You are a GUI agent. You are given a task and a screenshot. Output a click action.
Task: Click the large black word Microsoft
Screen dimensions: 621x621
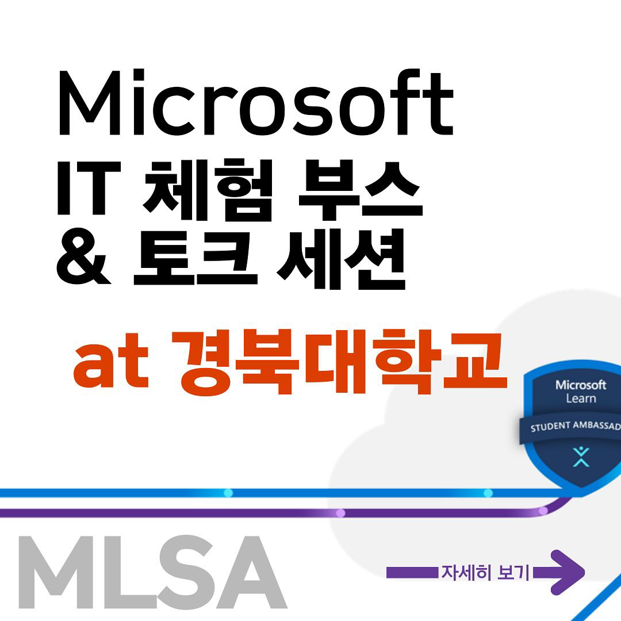(x=256, y=102)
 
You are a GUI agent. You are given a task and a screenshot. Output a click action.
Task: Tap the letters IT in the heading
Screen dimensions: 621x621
(x=89, y=187)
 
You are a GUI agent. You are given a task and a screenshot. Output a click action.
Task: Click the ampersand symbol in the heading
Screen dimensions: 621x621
(x=83, y=256)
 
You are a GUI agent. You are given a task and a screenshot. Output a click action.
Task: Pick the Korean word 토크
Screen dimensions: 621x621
(x=195, y=258)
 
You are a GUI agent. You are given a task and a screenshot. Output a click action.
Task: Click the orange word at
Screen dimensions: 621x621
(x=111, y=361)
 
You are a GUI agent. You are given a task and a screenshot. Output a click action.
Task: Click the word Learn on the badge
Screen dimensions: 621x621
(x=581, y=398)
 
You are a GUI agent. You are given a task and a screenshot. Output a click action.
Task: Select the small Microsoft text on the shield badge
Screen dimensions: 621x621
(x=581, y=385)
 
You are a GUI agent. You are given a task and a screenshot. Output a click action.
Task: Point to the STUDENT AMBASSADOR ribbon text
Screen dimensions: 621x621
(x=576, y=427)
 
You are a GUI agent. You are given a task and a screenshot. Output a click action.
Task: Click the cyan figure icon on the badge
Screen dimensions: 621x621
(x=581, y=457)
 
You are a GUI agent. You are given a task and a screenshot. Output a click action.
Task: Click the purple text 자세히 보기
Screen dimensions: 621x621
(x=485, y=573)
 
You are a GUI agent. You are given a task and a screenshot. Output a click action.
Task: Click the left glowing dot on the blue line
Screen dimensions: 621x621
(x=228, y=493)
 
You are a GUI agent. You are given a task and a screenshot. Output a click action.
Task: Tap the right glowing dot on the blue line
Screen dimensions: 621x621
(x=488, y=493)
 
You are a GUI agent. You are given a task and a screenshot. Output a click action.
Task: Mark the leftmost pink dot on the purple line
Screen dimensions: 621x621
(x=340, y=513)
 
